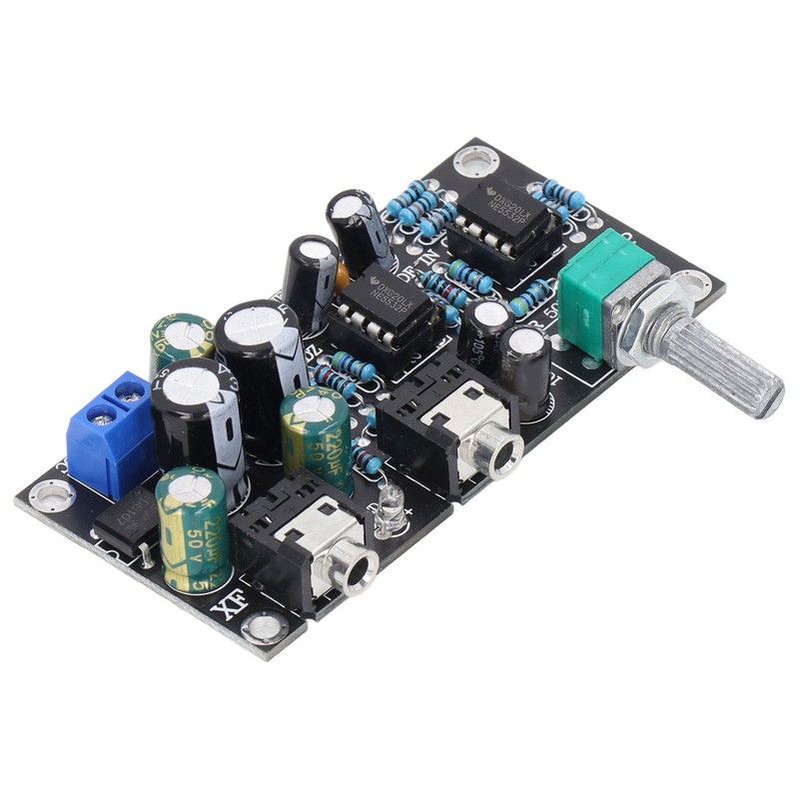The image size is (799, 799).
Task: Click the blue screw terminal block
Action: [x=108, y=431]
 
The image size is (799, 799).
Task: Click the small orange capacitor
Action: [x=343, y=275]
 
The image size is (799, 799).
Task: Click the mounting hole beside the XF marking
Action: [x=265, y=627]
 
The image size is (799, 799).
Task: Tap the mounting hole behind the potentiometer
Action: [x=690, y=284]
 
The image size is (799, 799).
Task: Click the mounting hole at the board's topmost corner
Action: [x=474, y=160]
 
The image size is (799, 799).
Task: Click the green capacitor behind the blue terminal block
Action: [x=181, y=341]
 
